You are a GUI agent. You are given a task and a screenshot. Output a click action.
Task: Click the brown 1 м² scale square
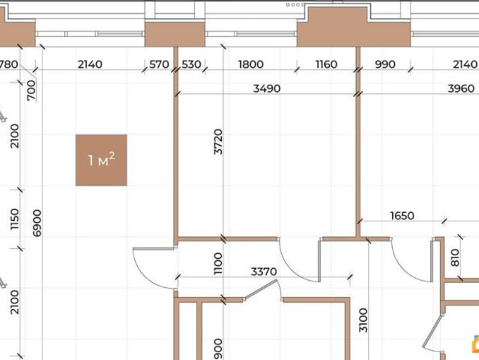[x=101, y=160]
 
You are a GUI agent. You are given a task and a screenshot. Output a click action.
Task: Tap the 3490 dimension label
[x=267, y=88]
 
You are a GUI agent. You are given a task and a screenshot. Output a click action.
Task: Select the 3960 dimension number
[x=461, y=88]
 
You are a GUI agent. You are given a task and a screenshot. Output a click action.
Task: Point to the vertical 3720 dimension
[x=218, y=142]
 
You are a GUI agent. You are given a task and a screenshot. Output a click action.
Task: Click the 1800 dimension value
[x=250, y=64]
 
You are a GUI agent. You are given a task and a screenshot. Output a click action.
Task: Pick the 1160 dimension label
[x=326, y=64]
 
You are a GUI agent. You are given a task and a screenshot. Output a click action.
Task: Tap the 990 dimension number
[x=385, y=64]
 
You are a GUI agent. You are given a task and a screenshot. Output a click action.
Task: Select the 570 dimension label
[x=159, y=64]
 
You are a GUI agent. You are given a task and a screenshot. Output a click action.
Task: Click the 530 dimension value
[x=191, y=64]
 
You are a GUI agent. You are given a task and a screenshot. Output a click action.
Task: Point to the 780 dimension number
[x=8, y=64]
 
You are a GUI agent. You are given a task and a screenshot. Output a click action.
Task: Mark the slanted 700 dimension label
[x=31, y=91]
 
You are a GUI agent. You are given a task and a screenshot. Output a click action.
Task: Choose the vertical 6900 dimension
[x=37, y=223]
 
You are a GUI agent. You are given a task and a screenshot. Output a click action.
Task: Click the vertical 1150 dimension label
[x=14, y=220]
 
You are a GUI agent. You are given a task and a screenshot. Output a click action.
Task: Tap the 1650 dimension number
[x=403, y=216]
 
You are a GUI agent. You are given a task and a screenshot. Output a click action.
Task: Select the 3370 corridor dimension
[x=264, y=271]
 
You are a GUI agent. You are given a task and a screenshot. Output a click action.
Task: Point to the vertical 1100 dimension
[x=218, y=263]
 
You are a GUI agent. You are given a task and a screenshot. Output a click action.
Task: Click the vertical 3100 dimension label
[x=363, y=320]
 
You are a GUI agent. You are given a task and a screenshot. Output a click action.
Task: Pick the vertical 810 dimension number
[x=455, y=257]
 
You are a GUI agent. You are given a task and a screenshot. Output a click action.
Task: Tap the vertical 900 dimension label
[x=218, y=349]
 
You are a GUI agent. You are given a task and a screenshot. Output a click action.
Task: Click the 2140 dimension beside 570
[x=90, y=64]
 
